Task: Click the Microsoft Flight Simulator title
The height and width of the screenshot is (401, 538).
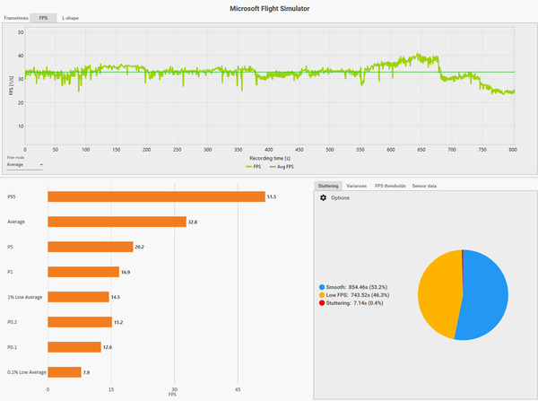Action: click(x=268, y=6)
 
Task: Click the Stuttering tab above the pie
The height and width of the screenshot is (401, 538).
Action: click(x=328, y=186)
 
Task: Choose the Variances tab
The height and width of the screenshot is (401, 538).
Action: click(x=356, y=186)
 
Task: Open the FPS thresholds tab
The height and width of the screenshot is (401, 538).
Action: click(x=390, y=186)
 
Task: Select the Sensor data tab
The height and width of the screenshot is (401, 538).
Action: click(x=424, y=186)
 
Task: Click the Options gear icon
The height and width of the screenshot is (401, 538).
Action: click(x=324, y=197)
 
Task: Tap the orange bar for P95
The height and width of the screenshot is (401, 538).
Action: click(x=156, y=196)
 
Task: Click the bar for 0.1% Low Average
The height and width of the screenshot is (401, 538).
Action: click(x=64, y=371)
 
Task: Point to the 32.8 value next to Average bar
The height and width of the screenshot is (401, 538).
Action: click(x=194, y=222)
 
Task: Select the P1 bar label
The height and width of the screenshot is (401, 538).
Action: click(x=11, y=271)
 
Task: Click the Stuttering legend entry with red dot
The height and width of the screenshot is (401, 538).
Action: click(x=356, y=303)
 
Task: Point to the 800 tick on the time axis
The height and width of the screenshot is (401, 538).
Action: click(x=514, y=150)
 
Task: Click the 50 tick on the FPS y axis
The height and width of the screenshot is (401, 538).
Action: click(x=21, y=31)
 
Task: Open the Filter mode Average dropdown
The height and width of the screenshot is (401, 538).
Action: click(x=24, y=165)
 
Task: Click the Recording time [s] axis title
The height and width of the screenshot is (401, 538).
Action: click(x=269, y=158)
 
